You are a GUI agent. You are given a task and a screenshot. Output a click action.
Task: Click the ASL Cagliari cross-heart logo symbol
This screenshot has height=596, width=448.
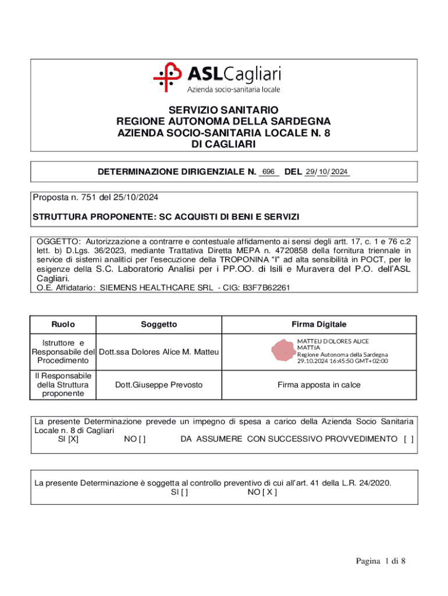coord(169,77)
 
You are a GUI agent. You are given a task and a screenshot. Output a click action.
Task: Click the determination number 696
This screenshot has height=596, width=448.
coord(268,172)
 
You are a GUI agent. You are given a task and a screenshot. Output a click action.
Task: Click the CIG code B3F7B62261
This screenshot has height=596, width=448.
coord(262,288)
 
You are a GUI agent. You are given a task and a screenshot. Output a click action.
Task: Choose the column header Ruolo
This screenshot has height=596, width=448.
coord(63,324)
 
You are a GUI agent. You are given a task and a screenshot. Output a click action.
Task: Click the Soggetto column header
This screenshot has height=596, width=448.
coord(159,324)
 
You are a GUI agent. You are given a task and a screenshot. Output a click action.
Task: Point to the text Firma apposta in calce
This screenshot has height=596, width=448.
coord(318,385)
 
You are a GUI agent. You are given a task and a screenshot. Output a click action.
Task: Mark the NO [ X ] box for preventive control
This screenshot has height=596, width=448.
coord(262,492)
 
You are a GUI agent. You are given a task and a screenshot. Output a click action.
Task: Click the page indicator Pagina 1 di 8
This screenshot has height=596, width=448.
coord(381,561)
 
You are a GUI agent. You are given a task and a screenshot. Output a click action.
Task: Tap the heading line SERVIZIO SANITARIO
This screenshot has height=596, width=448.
coord(223,110)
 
